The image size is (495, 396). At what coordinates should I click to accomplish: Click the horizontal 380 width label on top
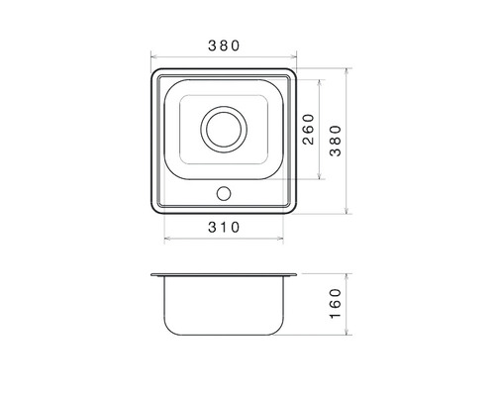(x=224, y=46)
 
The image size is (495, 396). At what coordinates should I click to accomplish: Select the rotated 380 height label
(x=336, y=141)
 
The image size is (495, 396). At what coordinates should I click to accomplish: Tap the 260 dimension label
(x=309, y=130)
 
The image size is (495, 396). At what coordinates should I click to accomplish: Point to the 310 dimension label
(x=224, y=228)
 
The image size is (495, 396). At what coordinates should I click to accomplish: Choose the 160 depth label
(x=336, y=304)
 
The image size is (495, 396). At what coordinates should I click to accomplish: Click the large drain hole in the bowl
(x=224, y=130)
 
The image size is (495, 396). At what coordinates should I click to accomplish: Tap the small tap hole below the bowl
(x=224, y=194)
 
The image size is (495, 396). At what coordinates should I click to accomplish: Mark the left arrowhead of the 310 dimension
(x=166, y=238)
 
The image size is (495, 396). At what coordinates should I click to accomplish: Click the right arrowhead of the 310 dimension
(x=281, y=238)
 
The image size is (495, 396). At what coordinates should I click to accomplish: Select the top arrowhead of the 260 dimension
(x=319, y=82)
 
